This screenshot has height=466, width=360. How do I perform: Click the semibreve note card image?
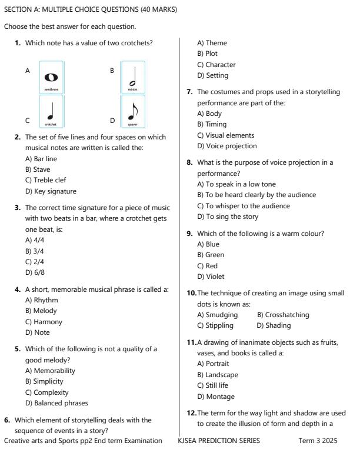click(51, 77)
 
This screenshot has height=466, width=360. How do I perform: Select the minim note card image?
click(132, 77)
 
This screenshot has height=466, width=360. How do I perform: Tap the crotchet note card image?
click(51, 112)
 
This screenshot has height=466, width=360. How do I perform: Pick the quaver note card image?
click(132, 112)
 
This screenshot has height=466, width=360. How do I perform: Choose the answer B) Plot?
click(207, 54)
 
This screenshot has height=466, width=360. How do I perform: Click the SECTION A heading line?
click(91, 10)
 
